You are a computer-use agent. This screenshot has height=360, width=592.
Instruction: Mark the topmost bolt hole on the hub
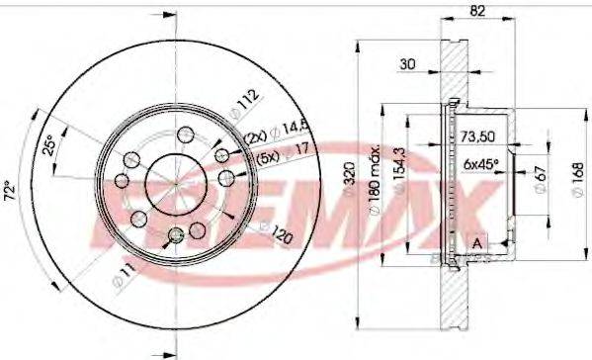point(185,135)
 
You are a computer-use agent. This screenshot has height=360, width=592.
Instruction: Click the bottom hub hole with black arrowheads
point(175,234)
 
